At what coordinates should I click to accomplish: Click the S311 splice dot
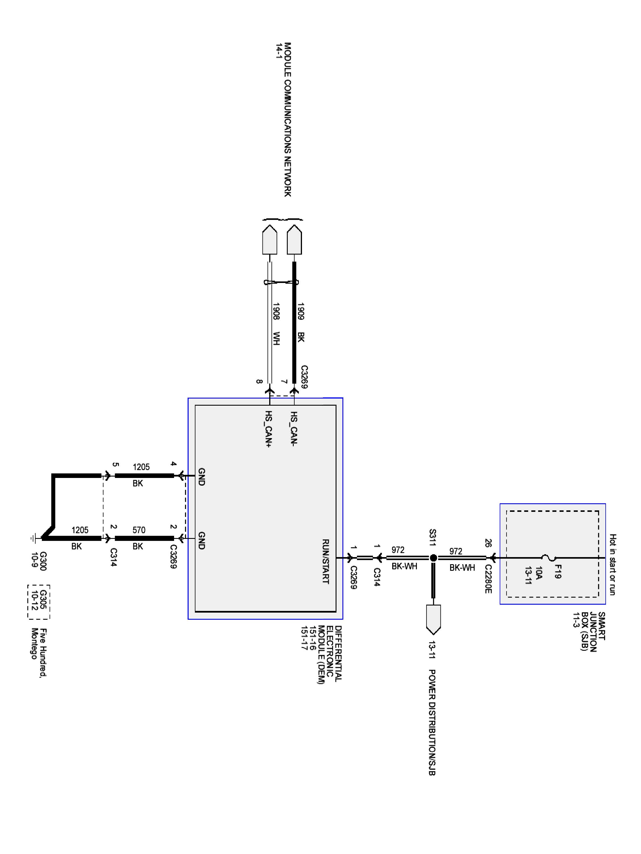[x=433, y=557]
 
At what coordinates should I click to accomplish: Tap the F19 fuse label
[x=557, y=571]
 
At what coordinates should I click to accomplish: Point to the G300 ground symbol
[x=34, y=537]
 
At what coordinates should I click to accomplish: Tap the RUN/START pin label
[x=325, y=561]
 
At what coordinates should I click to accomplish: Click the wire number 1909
[x=301, y=311]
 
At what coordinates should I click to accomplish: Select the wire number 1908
[x=276, y=311]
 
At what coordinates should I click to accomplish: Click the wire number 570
[x=139, y=530]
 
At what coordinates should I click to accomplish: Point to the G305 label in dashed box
[x=43, y=594]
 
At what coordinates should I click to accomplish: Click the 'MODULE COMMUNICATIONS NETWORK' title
[x=287, y=119]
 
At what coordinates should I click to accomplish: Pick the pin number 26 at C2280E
[x=488, y=543]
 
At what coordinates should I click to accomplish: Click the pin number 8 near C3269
[x=259, y=382]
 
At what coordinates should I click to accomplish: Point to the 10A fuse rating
[x=539, y=572]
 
